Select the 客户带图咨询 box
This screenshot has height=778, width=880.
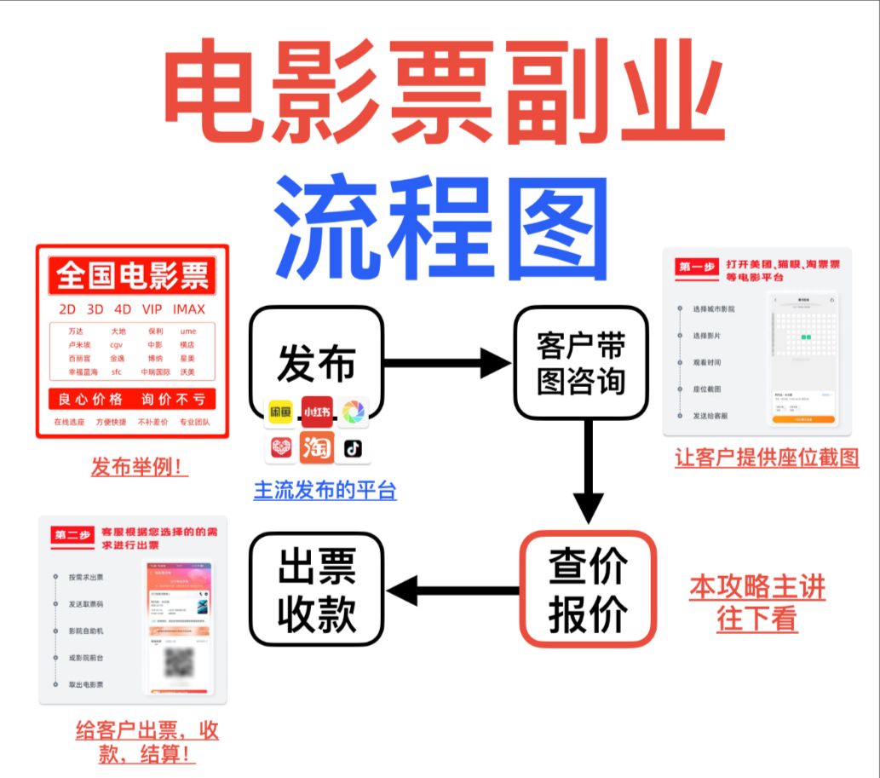coord(580,363)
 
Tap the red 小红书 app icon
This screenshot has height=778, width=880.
coord(316,412)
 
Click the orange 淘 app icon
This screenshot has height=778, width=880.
coord(316,447)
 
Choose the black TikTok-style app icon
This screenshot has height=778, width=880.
coord(353,447)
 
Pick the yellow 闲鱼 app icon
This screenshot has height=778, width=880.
coord(280,412)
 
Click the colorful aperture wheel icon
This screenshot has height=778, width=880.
coord(353,412)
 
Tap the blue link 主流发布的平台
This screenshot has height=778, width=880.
coord(325,491)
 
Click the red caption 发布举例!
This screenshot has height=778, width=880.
coord(140,466)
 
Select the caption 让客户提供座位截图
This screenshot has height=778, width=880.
coord(767,458)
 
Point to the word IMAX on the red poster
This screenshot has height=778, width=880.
coord(188,308)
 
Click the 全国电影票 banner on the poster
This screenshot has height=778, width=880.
coord(132,276)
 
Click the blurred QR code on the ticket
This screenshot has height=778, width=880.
coord(177,662)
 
